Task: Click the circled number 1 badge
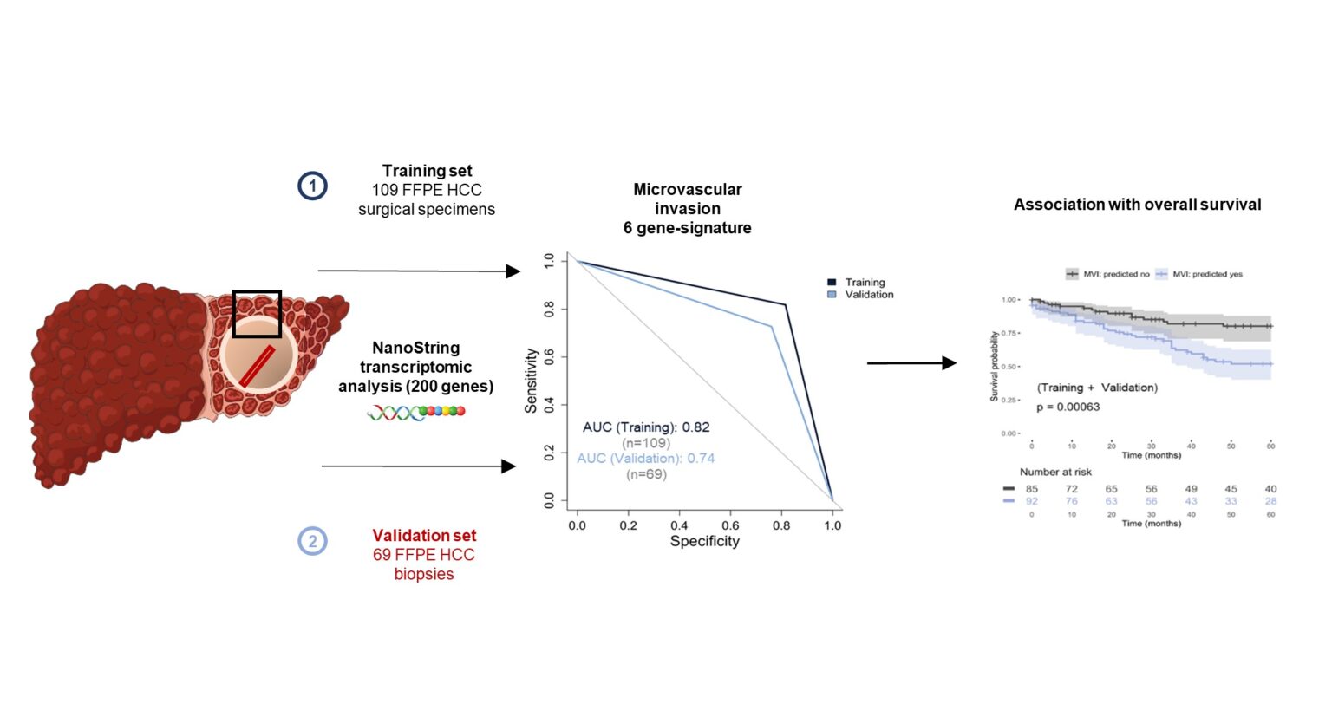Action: point(312,186)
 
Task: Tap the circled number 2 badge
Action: point(312,541)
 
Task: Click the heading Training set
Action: point(427,171)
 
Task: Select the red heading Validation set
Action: point(424,536)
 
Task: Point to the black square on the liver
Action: point(257,313)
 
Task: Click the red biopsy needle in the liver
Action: point(258,367)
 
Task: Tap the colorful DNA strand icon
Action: point(416,412)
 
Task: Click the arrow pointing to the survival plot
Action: point(911,363)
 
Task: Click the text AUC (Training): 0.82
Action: point(646,427)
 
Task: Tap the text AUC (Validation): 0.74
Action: point(646,459)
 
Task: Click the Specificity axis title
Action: point(704,541)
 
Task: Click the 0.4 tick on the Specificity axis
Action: point(679,525)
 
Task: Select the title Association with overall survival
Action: point(1137,205)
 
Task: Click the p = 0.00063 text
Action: point(1068,407)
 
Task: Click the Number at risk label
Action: point(1055,472)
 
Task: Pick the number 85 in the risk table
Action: point(1031,489)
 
